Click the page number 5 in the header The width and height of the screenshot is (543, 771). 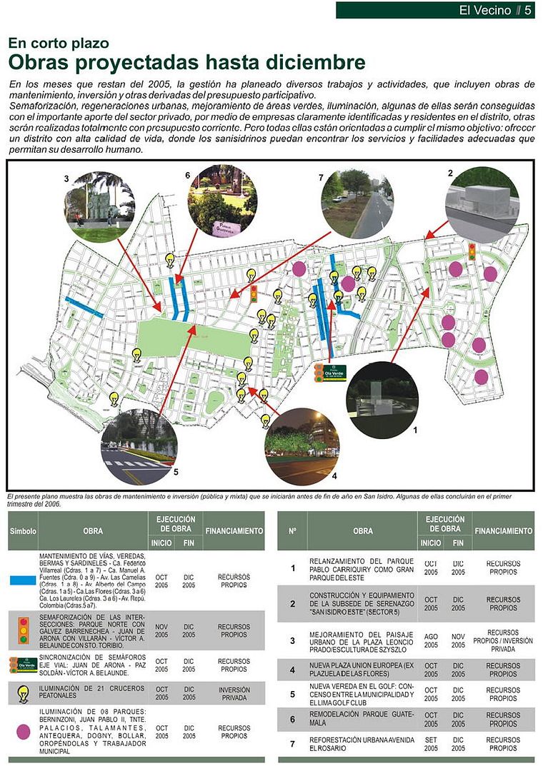pos(528,10)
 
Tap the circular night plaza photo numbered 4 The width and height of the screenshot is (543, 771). pos(302,446)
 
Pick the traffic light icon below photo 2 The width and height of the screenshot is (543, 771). pos(472,251)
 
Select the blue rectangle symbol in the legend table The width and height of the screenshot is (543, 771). pos(23,580)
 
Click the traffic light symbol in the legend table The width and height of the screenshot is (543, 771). pos(23,630)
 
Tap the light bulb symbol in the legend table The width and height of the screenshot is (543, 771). pos(23,694)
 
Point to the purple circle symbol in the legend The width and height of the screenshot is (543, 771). pos(23,732)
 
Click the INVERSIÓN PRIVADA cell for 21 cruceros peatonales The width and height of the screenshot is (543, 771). pos(234,694)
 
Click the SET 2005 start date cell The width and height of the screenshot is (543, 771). pos(430,744)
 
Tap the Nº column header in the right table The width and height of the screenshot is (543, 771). pos(292,531)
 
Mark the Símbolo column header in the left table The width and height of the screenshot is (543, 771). pos(23,531)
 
